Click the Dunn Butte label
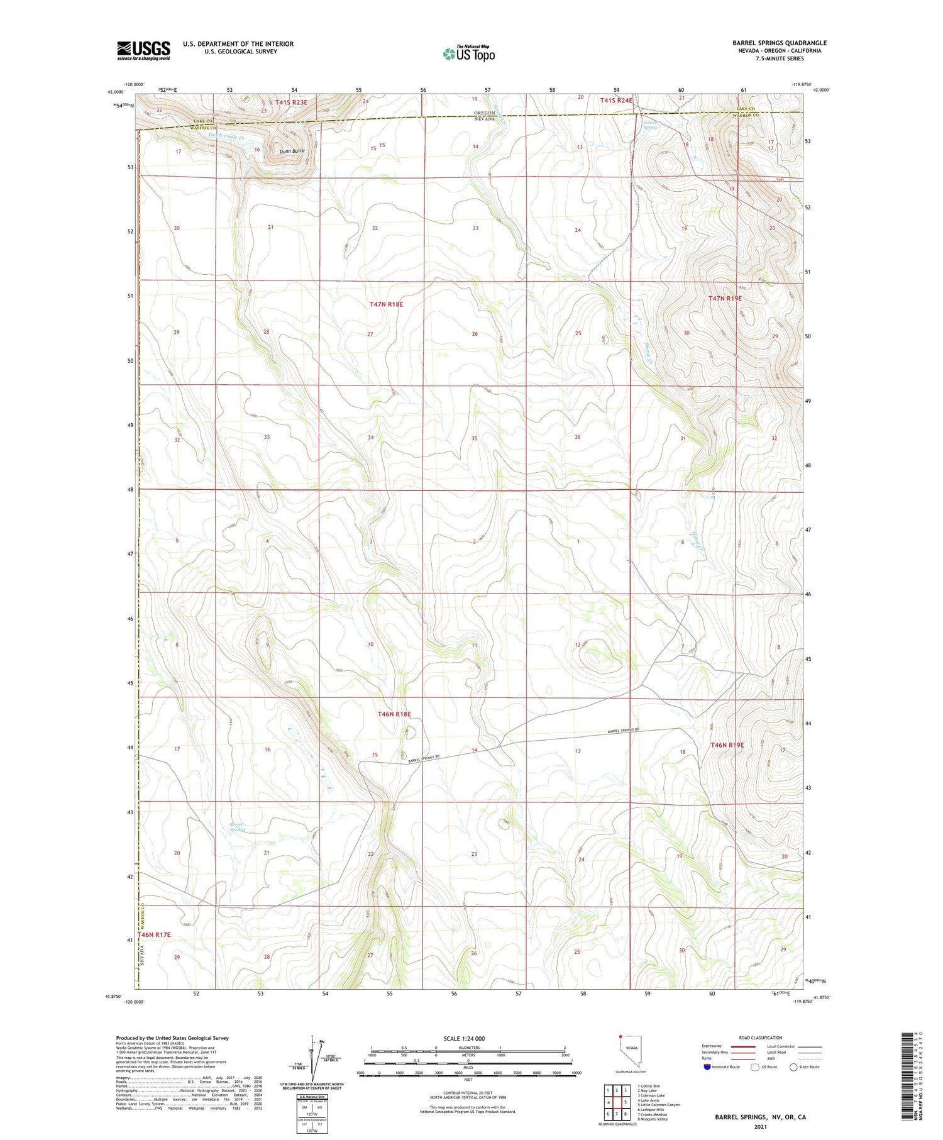click(x=292, y=151)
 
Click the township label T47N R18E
click(x=386, y=304)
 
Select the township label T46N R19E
click(x=727, y=745)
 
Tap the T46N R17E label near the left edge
click(x=155, y=936)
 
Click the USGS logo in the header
click(x=143, y=50)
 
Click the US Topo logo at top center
click(x=469, y=53)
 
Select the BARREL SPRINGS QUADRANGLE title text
click(x=780, y=43)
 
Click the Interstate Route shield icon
click(x=707, y=1067)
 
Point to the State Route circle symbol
click(x=794, y=1067)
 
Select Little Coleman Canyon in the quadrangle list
click(x=658, y=1105)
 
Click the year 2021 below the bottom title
click(x=760, y=1126)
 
